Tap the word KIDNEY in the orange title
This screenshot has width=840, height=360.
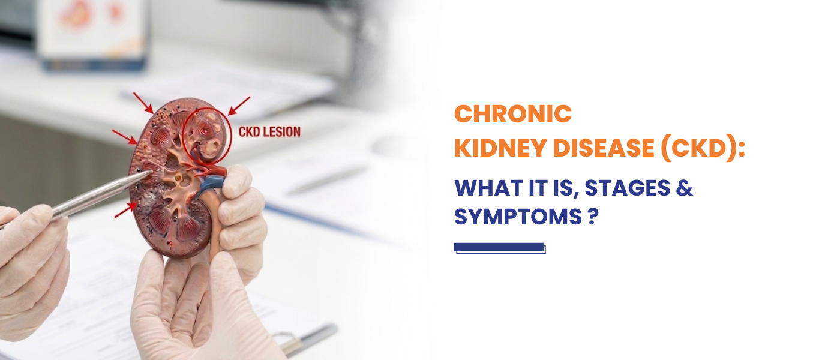pyautogui.click(x=500, y=148)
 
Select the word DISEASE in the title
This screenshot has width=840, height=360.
pyautogui.click(x=604, y=148)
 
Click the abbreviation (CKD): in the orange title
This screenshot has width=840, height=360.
pyautogui.click(x=703, y=148)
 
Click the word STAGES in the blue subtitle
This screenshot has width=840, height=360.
pyautogui.click(x=628, y=188)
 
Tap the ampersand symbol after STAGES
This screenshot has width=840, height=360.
pyautogui.click(x=685, y=188)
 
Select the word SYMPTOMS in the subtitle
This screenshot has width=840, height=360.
pyautogui.click(x=518, y=217)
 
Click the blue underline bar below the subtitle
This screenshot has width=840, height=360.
pyautogui.click(x=499, y=248)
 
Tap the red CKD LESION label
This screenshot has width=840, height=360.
pyautogui.click(x=269, y=132)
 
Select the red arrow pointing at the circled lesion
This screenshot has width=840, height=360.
pyautogui.click(x=239, y=106)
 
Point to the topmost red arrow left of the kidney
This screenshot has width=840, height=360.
pyautogui.click(x=143, y=103)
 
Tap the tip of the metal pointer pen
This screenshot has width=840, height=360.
pyautogui.click(x=152, y=172)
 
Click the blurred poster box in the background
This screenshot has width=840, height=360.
pyautogui.click(x=93, y=35)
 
